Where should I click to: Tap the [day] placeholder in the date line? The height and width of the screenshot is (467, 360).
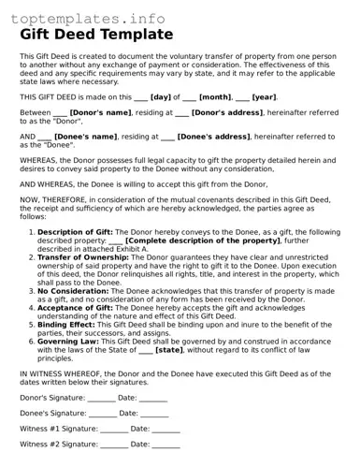click(x=161, y=96)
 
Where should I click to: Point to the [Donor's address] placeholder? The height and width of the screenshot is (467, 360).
click(x=230, y=112)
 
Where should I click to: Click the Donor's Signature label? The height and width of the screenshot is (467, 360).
click(x=51, y=398)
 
